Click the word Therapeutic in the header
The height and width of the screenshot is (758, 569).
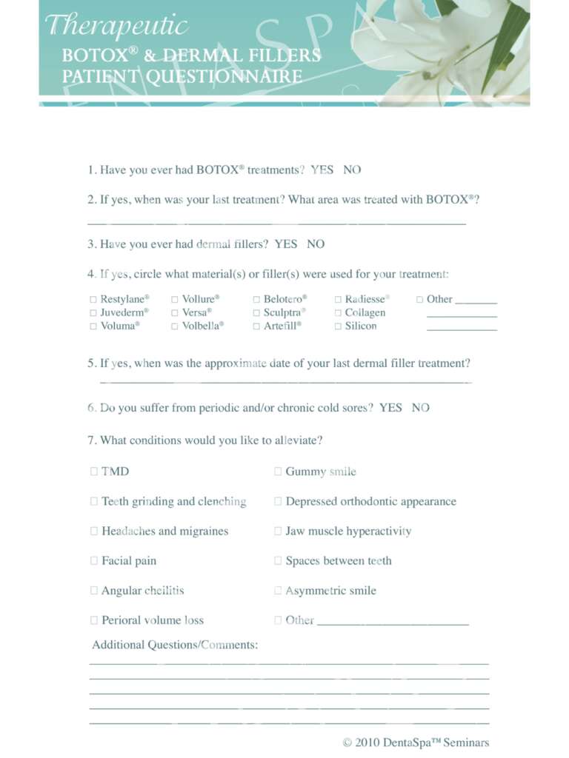tap(116, 27)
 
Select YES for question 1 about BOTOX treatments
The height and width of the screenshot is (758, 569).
tap(322, 170)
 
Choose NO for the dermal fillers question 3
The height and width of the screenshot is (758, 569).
tap(316, 244)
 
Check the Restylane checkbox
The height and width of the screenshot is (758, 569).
tap(93, 299)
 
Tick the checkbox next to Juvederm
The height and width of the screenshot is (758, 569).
tap(93, 312)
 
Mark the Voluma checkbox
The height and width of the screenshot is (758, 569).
tap(93, 326)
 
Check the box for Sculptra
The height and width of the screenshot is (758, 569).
tap(256, 312)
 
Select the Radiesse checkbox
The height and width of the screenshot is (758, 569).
tap(338, 299)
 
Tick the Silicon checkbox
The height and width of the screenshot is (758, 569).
tap(338, 326)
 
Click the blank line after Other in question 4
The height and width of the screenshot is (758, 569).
tap(476, 301)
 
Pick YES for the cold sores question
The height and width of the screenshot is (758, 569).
tap(390, 407)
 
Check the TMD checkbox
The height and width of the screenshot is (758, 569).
tap(94, 471)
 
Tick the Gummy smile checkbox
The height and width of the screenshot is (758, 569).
tap(278, 471)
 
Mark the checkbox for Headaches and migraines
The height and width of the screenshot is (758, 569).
tap(94, 531)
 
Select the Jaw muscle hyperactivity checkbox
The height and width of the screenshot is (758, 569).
tap(278, 531)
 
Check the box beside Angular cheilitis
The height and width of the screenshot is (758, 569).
tap(94, 591)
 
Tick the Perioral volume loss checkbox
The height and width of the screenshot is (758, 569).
tap(94, 620)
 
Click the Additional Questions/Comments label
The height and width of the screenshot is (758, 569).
tap(175, 645)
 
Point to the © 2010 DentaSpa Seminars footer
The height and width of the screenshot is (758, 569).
tap(416, 742)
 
